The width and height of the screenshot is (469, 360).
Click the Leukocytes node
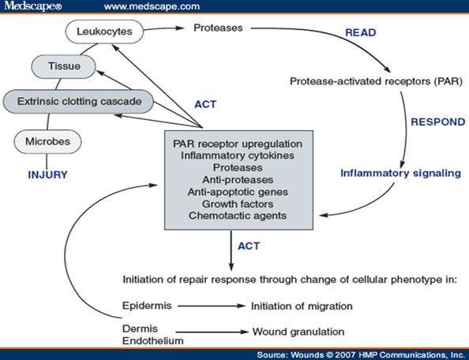click(x=104, y=32)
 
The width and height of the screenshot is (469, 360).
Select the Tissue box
click(x=64, y=66)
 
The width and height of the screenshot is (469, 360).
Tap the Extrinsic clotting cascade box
click(x=78, y=101)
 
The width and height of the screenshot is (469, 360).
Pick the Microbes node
click(x=47, y=141)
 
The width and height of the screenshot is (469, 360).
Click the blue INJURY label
click(x=47, y=175)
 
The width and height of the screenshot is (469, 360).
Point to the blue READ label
click(x=360, y=32)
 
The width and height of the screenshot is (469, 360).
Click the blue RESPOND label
click(x=438, y=122)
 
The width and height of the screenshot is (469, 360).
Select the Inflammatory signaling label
click(x=400, y=174)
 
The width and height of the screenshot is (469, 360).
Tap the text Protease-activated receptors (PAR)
click(x=376, y=81)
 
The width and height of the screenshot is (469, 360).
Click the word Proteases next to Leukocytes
click(x=218, y=28)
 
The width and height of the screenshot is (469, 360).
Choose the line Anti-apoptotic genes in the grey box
click(x=238, y=192)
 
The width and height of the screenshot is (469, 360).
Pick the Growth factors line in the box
click(x=238, y=204)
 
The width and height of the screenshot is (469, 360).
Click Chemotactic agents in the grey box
click(x=238, y=216)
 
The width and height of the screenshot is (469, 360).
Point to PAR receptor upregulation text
click(x=238, y=144)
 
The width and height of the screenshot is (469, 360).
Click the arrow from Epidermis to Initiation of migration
click(x=212, y=306)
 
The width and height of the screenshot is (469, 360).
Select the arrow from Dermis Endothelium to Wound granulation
click(x=212, y=332)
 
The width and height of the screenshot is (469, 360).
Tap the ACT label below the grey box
click(x=249, y=246)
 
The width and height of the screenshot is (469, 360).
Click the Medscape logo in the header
click(x=33, y=6)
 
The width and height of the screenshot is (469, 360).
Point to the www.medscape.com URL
click(x=152, y=6)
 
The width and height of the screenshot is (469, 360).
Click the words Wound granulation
click(x=298, y=332)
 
